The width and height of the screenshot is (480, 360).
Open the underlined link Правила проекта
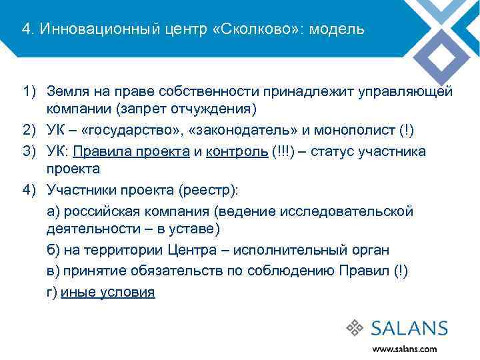pos(136,151)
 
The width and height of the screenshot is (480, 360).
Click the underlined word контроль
pos(238,151)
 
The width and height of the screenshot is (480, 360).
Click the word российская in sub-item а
pos(98,211)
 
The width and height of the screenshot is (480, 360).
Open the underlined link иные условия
pos(108,292)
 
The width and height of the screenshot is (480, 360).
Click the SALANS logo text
pos(409,328)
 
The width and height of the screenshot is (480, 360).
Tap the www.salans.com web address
pos(405,349)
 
